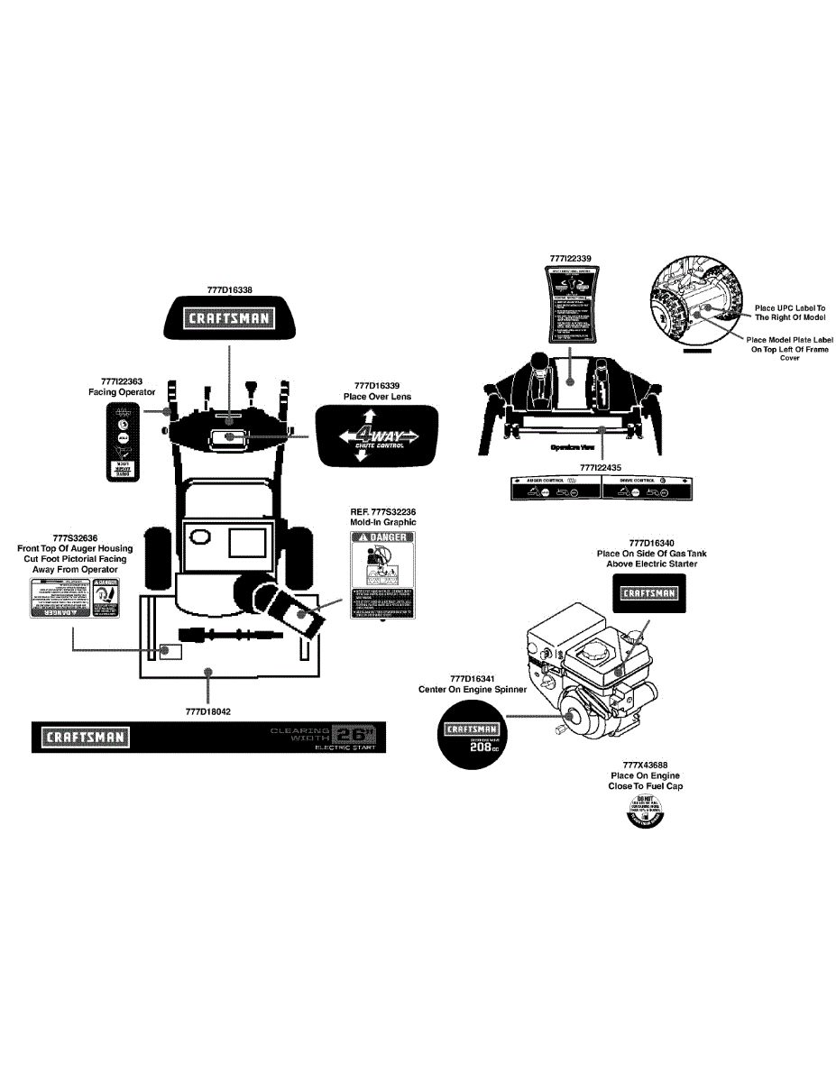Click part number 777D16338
click(x=229, y=290)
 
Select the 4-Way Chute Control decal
click(x=377, y=436)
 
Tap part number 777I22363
click(x=121, y=381)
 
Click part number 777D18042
click(x=208, y=711)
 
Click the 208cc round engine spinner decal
click(x=472, y=737)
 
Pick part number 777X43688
click(x=646, y=764)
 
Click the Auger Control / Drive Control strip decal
click(x=602, y=489)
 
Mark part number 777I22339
click(x=571, y=258)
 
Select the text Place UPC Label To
click(x=790, y=307)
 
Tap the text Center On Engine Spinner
click(x=473, y=689)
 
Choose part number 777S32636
click(x=75, y=537)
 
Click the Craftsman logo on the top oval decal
click(x=228, y=317)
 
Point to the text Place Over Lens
click(x=377, y=396)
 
